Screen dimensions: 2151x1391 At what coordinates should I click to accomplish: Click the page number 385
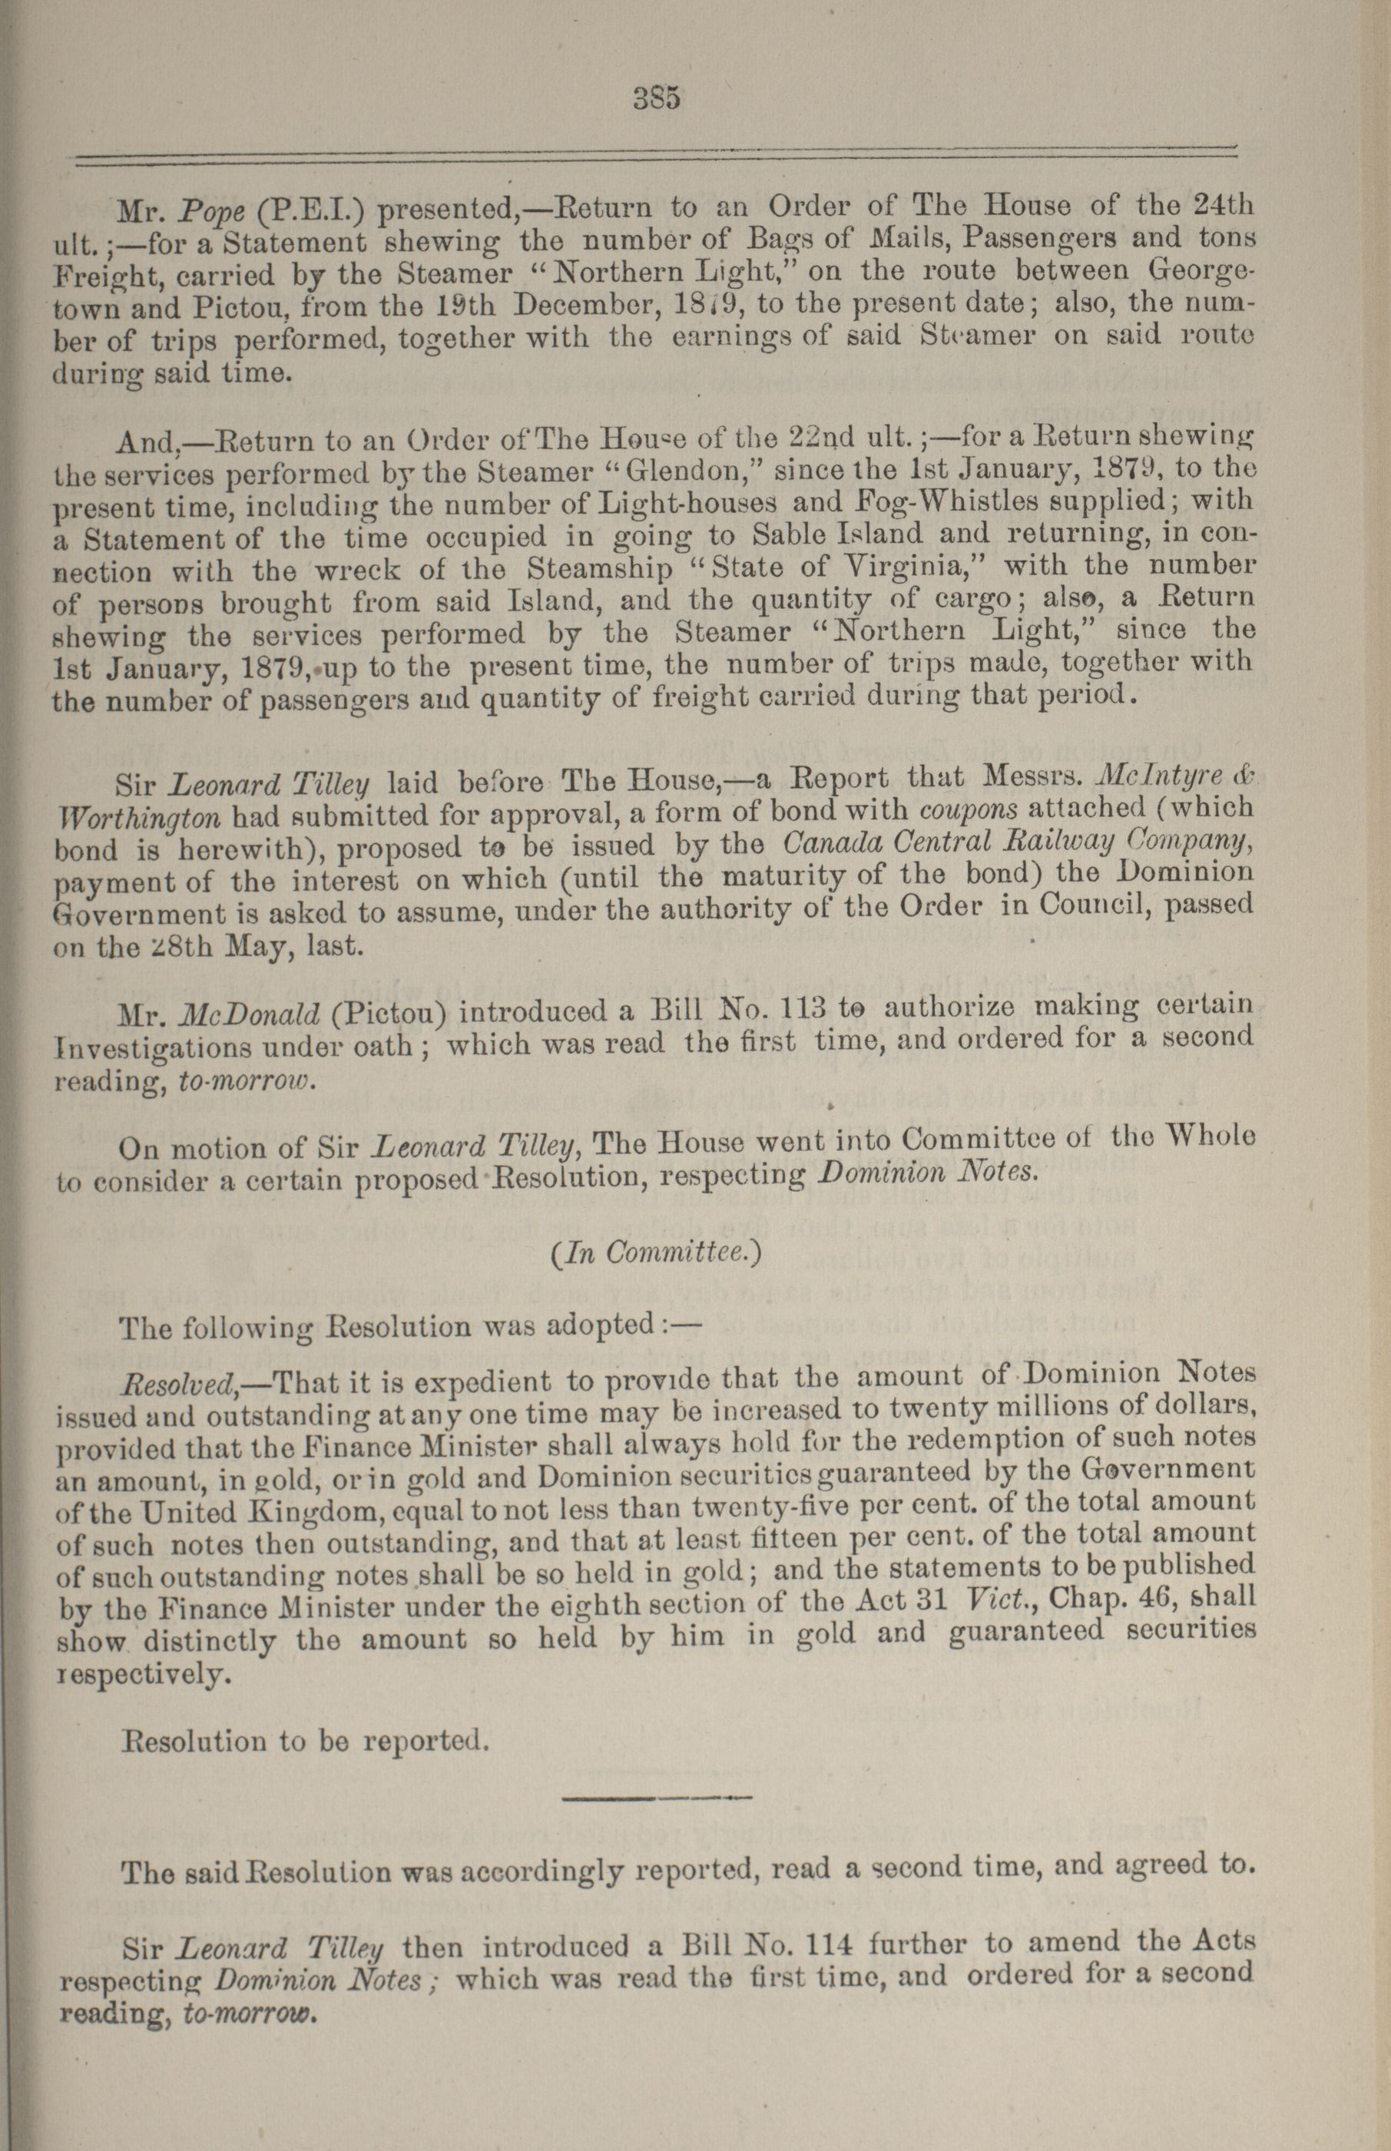656,97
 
